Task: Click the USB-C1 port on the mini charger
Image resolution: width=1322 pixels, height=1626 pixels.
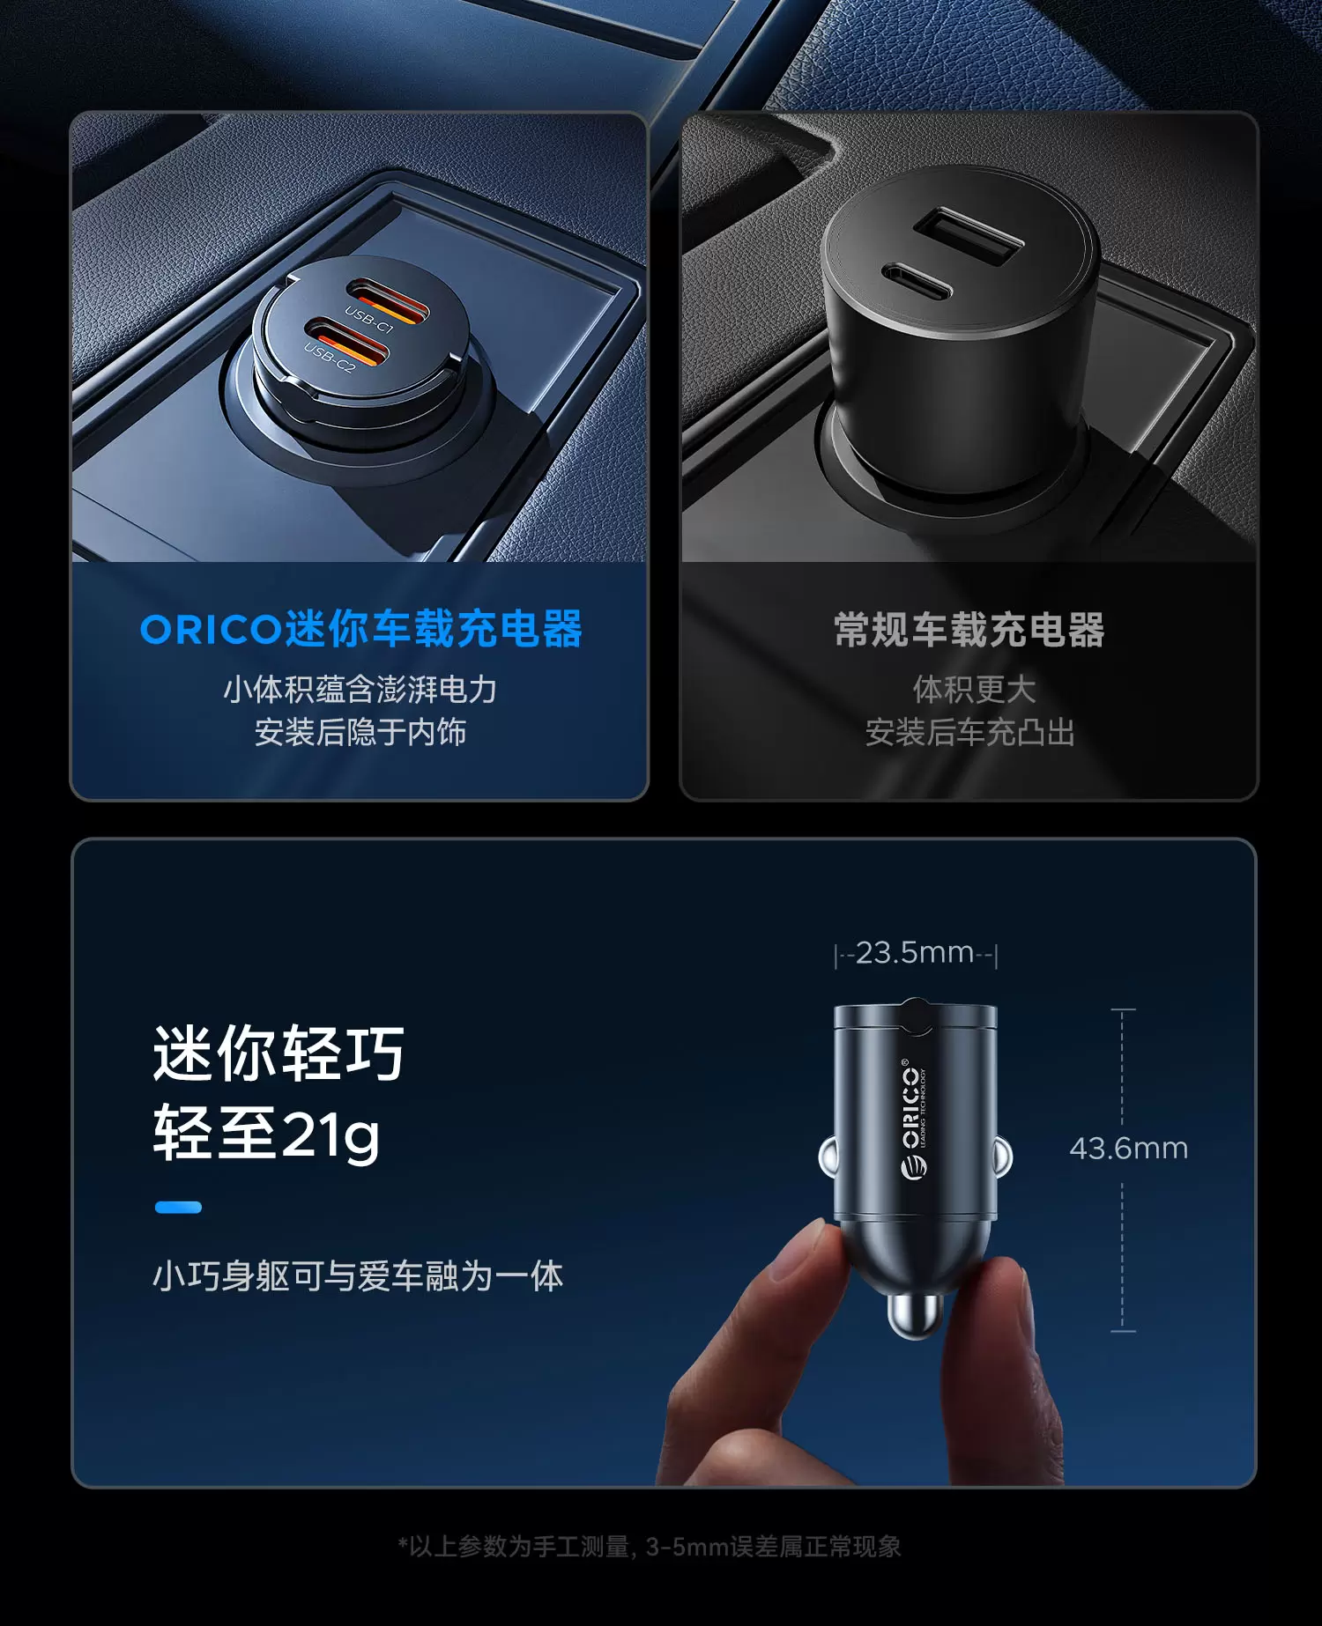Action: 387,300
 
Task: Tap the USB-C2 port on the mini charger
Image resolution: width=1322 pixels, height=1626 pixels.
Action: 347,344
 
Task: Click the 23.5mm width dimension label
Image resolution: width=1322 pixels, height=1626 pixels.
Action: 916,953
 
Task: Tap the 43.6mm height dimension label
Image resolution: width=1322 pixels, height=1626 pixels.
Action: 1129,1149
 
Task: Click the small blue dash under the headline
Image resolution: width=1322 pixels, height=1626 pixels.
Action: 178,1207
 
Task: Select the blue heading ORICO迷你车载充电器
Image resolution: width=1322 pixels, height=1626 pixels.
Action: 361,629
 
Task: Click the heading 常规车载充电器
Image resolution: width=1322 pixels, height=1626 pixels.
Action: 969,630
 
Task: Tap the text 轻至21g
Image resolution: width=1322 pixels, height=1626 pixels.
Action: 267,1135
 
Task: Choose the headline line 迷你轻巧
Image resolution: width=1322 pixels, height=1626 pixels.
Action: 279,1053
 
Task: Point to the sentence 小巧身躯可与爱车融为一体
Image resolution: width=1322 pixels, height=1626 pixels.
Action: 358,1275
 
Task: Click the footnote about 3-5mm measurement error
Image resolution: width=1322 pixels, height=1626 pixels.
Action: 650,1547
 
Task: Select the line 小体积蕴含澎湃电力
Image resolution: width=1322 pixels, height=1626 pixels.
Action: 360,689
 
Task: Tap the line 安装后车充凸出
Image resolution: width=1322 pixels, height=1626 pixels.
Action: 969,732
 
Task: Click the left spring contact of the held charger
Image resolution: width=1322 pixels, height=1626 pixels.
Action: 828,1157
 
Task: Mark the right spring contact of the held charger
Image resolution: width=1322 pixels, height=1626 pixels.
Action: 1004,1157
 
